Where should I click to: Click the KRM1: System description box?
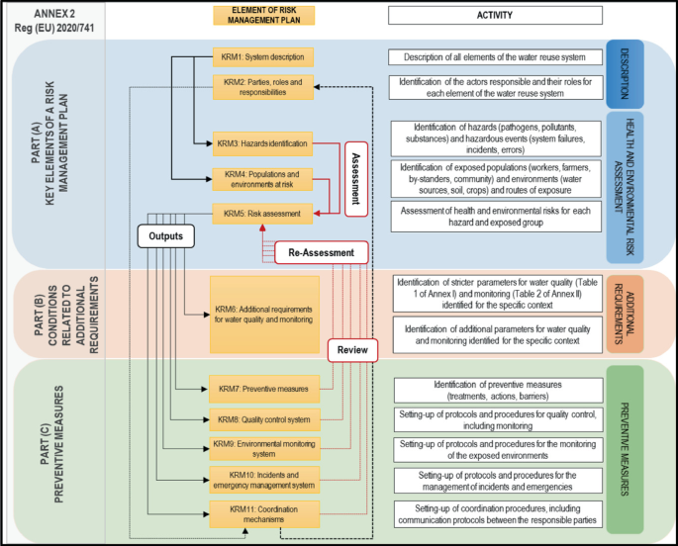click(262, 56)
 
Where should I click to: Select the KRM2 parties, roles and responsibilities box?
click(262, 86)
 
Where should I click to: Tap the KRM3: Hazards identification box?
click(262, 143)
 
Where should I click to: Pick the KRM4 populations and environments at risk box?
click(262, 178)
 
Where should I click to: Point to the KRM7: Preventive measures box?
click(260, 388)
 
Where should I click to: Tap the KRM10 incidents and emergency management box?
click(260, 481)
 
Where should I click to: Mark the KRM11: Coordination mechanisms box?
click(260, 513)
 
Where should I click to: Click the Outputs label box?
click(164, 237)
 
